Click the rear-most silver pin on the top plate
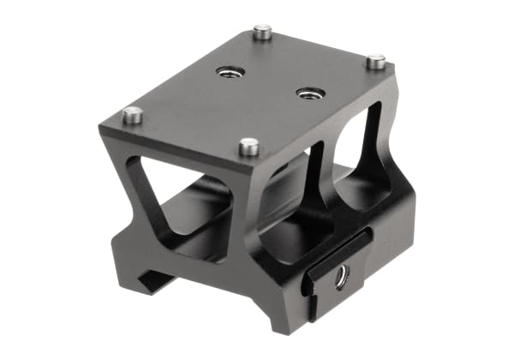click(263, 33)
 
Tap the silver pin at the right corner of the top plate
click(375, 62)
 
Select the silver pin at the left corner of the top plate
click(133, 114)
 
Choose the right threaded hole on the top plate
click(308, 92)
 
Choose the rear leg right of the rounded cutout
click(390, 163)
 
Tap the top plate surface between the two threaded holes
click(268, 82)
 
